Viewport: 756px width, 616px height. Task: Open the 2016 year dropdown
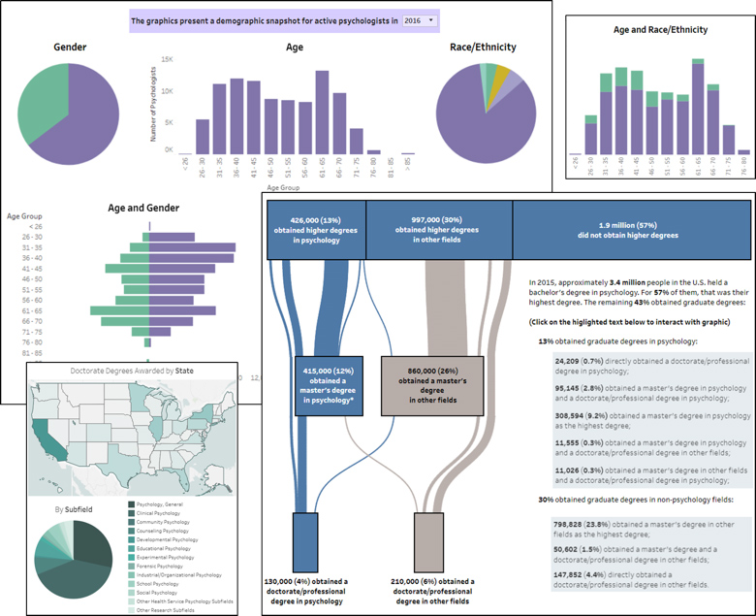point(419,20)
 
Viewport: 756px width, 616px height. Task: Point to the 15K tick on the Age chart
point(167,60)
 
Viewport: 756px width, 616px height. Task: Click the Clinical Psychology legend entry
point(163,512)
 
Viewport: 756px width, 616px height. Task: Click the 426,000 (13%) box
point(316,229)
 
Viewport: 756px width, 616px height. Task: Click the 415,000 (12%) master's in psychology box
point(330,385)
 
